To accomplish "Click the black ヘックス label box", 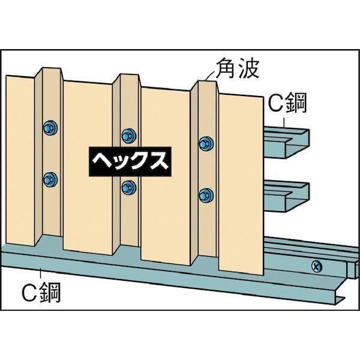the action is click(x=130, y=161).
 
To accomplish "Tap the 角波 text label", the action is click(x=238, y=68).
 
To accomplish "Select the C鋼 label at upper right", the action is click(x=287, y=103).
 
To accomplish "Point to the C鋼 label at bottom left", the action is click(x=41, y=293).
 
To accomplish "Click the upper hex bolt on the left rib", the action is click(x=50, y=127).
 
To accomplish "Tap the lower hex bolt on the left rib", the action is click(x=50, y=179).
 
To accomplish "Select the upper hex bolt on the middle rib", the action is click(x=129, y=136).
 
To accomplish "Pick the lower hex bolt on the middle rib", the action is click(x=129, y=187).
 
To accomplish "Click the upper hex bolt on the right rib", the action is click(x=206, y=143).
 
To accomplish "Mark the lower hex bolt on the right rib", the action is click(x=206, y=195).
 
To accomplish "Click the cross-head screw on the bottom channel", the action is click(x=317, y=267).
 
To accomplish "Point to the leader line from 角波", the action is click(x=211, y=75).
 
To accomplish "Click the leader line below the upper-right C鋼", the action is click(x=285, y=122).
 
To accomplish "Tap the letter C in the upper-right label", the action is click(x=277, y=103).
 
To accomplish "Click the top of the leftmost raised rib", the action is click(x=52, y=68).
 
